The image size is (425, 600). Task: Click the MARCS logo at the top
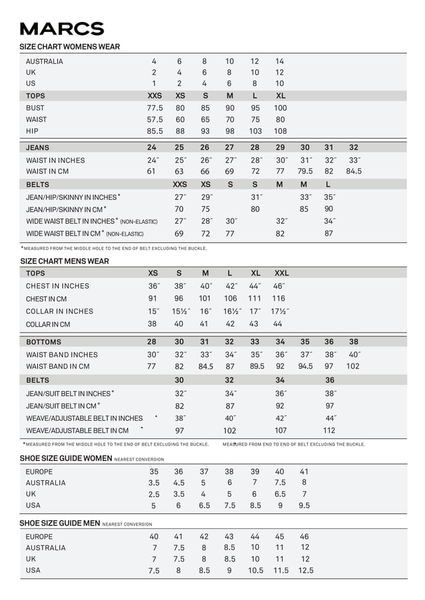click(x=62, y=29)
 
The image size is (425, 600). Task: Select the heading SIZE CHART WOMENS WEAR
click(x=70, y=47)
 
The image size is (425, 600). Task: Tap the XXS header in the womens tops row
click(x=155, y=96)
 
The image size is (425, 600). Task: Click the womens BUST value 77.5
click(x=155, y=108)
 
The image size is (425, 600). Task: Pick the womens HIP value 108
click(x=280, y=131)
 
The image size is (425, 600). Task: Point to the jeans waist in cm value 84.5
click(x=354, y=171)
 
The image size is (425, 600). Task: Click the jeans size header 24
click(x=152, y=148)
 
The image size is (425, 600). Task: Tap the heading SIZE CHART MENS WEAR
click(x=65, y=261)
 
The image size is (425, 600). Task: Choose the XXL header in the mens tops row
click(x=281, y=273)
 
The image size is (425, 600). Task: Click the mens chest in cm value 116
click(x=278, y=299)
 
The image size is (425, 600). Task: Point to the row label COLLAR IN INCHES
click(x=59, y=311)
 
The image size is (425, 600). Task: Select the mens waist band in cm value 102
click(x=353, y=367)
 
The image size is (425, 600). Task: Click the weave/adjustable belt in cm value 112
click(x=329, y=430)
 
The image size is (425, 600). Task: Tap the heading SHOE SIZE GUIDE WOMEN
click(x=65, y=458)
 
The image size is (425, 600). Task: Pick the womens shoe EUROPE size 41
click(x=304, y=471)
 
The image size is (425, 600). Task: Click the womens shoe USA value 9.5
click(x=304, y=506)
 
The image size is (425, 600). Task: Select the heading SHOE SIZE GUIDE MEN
click(x=59, y=524)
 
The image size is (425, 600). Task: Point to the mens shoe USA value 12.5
click(x=305, y=571)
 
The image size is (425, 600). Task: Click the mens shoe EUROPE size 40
click(x=154, y=536)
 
